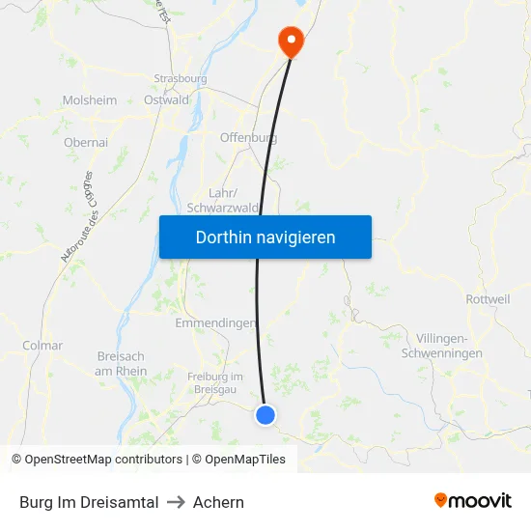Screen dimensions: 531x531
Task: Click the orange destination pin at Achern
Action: tap(290, 40)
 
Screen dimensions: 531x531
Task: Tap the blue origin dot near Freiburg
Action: tap(265, 415)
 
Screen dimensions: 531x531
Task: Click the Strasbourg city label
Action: tap(181, 78)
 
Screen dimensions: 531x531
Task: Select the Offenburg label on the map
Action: tap(248, 138)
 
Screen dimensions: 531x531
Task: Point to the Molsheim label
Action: tap(90, 100)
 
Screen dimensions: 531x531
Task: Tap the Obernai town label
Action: tap(86, 142)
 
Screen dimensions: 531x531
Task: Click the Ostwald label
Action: tap(166, 99)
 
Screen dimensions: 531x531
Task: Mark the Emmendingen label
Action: tap(215, 322)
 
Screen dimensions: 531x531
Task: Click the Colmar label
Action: tap(42, 345)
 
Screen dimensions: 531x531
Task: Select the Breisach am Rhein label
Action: tap(122, 364)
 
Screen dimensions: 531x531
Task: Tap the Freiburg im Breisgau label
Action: tap(215, 381)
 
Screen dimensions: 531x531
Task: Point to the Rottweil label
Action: tap(488, 299)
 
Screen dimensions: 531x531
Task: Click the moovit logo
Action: tap(473, 501)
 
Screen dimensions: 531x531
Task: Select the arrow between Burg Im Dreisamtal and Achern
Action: tap(176, 502)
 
